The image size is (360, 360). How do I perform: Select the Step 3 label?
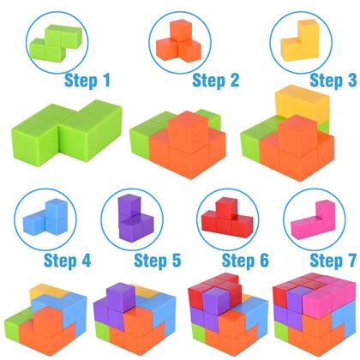click(332, 81)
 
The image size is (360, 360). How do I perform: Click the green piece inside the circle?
click(57, 40)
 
